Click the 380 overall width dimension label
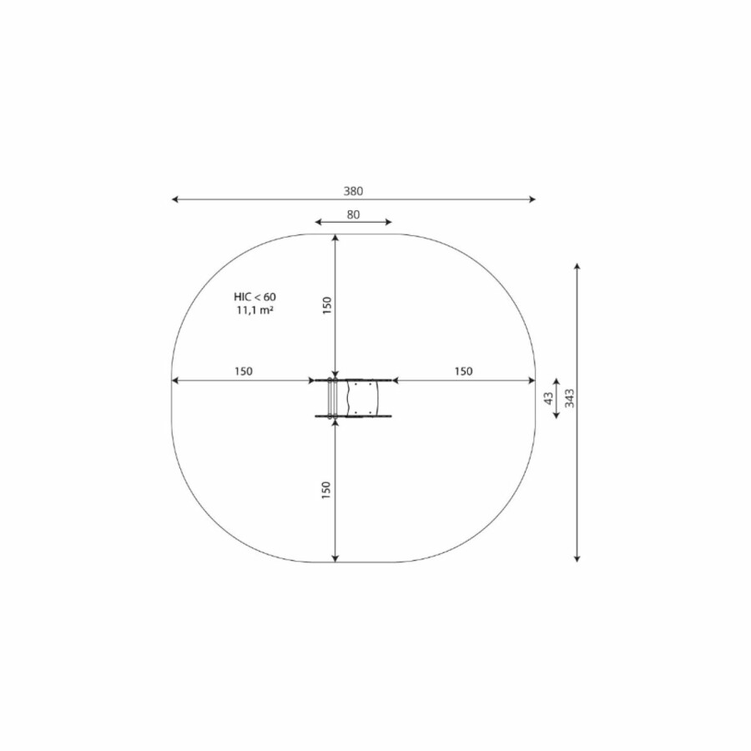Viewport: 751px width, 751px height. pos(353,191)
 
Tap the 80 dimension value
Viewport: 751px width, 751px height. pos(353,214)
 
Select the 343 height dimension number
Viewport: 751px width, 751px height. pos(569,398)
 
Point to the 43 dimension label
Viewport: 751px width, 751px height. pos(548,398)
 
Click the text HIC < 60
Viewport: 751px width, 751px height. pos(255,297)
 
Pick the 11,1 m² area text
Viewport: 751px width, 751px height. pos(255,310)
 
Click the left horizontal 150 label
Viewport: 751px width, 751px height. pos(244,371)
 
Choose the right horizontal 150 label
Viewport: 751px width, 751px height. pos(463,371)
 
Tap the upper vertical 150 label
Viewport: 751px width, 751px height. pos(326,305)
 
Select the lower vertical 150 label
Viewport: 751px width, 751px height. pos(326,491)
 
